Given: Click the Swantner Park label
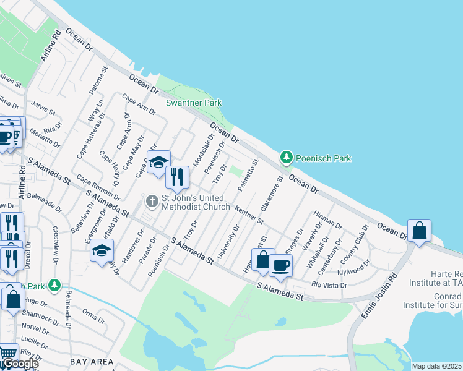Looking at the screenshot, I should pos(194,103).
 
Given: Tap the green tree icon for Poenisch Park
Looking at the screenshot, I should pos(286,158).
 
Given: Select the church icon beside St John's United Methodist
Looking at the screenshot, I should pos(152,202).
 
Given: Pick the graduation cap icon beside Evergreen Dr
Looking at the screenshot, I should pos(102,250).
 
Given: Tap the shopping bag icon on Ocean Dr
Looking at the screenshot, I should pos(420,231).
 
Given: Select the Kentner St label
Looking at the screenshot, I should pos(249,215).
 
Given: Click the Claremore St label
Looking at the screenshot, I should pos(275,190).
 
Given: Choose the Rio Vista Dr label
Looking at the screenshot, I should pos(329,285).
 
